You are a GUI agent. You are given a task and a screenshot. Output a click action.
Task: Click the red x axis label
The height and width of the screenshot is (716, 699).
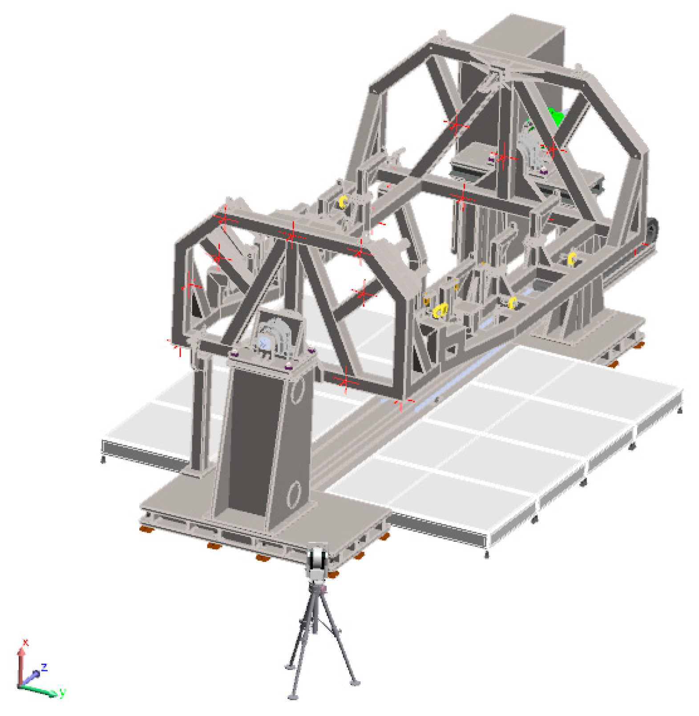pos(25,642)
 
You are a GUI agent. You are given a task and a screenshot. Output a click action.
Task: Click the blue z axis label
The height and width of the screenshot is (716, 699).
pos(44,667)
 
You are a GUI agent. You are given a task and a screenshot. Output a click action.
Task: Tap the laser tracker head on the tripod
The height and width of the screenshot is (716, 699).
pos(317,562)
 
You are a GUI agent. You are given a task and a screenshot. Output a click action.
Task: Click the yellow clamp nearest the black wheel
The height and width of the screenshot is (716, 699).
pos(572,258)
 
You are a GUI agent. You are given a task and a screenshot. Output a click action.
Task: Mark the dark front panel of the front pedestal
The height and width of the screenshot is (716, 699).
pos(252,441)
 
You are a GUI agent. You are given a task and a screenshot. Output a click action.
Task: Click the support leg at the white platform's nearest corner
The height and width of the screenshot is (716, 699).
pos(486,554)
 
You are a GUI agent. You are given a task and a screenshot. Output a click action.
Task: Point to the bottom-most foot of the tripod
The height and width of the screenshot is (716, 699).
pos(293,696)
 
